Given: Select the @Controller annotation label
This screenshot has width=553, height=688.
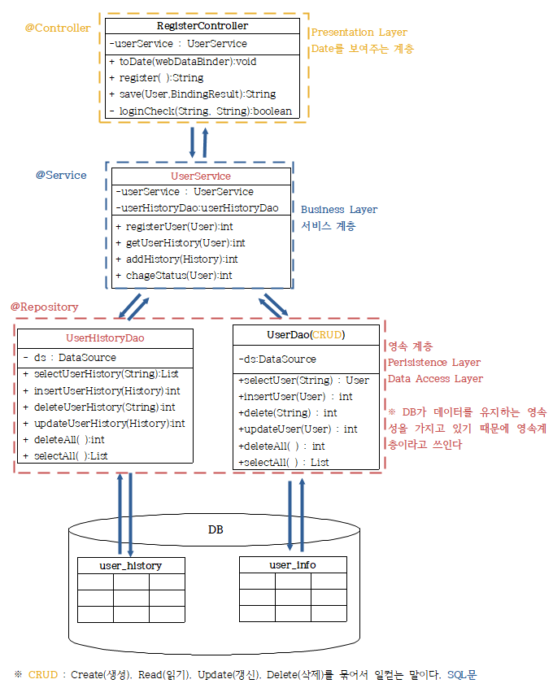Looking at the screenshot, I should click(x=58, y=28).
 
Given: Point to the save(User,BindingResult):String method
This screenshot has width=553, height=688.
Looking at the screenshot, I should click(x=197, y=94).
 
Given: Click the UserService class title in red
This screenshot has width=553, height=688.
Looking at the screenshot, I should click(x=200, y=176).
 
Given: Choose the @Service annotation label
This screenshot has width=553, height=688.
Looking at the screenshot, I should click(x=61, y=175).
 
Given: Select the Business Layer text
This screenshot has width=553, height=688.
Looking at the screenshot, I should click(x=339, y=210).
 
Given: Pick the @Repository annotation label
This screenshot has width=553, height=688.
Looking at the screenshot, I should click(x=44, y=307).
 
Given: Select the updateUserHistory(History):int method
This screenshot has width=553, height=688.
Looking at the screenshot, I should click(x=109, y=423).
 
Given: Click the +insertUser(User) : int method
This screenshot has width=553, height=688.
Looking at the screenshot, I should click(x=295, y=396).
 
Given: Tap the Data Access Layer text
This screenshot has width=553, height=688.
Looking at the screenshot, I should click(x=435, y=378).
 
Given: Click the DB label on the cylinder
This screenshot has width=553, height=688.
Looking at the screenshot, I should click(x=216, y=529).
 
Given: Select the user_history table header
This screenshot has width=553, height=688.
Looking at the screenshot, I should click(x=130, y=565).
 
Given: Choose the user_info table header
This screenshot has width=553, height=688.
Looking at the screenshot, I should click(x=293, y=564).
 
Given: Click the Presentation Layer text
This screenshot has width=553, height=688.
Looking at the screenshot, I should click(x=359, y=33).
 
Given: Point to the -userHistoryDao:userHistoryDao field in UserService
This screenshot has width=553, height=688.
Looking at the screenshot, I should click(x=198, y=208).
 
